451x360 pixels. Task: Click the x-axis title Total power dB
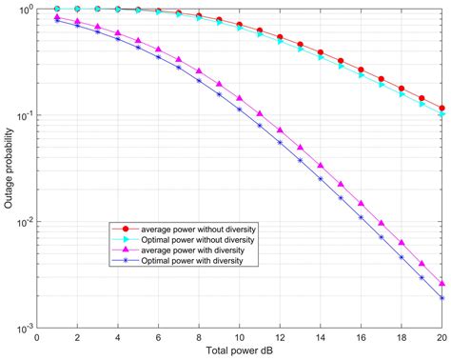[240, 351]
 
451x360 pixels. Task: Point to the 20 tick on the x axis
[442, 337]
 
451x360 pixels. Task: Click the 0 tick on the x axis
[37, 337]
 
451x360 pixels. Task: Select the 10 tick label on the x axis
[240, 337]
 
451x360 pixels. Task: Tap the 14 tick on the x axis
[321, 337]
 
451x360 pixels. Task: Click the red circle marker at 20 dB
[442, 109]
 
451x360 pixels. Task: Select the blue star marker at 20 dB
[442, 298]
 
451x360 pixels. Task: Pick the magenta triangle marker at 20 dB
[442, 284]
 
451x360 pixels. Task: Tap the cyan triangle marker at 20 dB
[442, 115]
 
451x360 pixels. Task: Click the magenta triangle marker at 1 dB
[57, 17]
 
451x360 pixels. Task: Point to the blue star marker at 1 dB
[57, 21]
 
